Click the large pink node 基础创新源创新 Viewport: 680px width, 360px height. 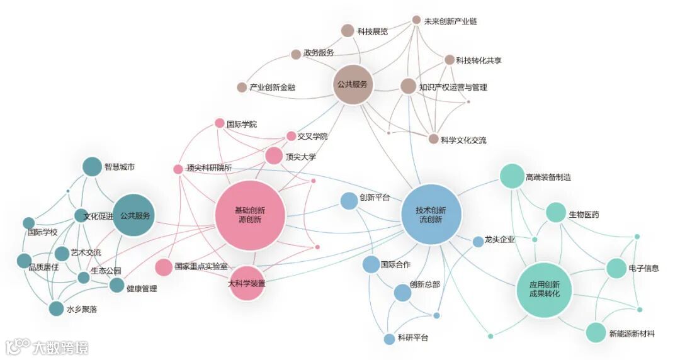pos(249,215)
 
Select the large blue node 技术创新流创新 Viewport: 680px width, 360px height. pos(431,215)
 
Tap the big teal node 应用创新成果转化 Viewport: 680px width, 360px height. pos(545,290)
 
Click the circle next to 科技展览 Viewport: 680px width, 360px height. pos(348,30)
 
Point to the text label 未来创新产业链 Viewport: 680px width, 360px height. pos(450,21)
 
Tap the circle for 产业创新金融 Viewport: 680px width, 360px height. pos(242,87)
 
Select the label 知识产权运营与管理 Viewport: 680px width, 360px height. pos(453,87)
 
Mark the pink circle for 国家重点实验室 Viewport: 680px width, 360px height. pos(164,267)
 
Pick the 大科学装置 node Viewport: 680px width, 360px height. pos(246,284)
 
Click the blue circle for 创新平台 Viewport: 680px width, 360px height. pos(349,201)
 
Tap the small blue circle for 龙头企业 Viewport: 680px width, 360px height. pos(478,241)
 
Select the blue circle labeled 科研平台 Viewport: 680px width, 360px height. pos(390,339)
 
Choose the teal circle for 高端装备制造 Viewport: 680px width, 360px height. pos(512,177)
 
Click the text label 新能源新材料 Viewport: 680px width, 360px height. pos(632,334)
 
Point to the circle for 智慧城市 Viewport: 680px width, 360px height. pos(93,167)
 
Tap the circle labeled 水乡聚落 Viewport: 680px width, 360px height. pos(57,309)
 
